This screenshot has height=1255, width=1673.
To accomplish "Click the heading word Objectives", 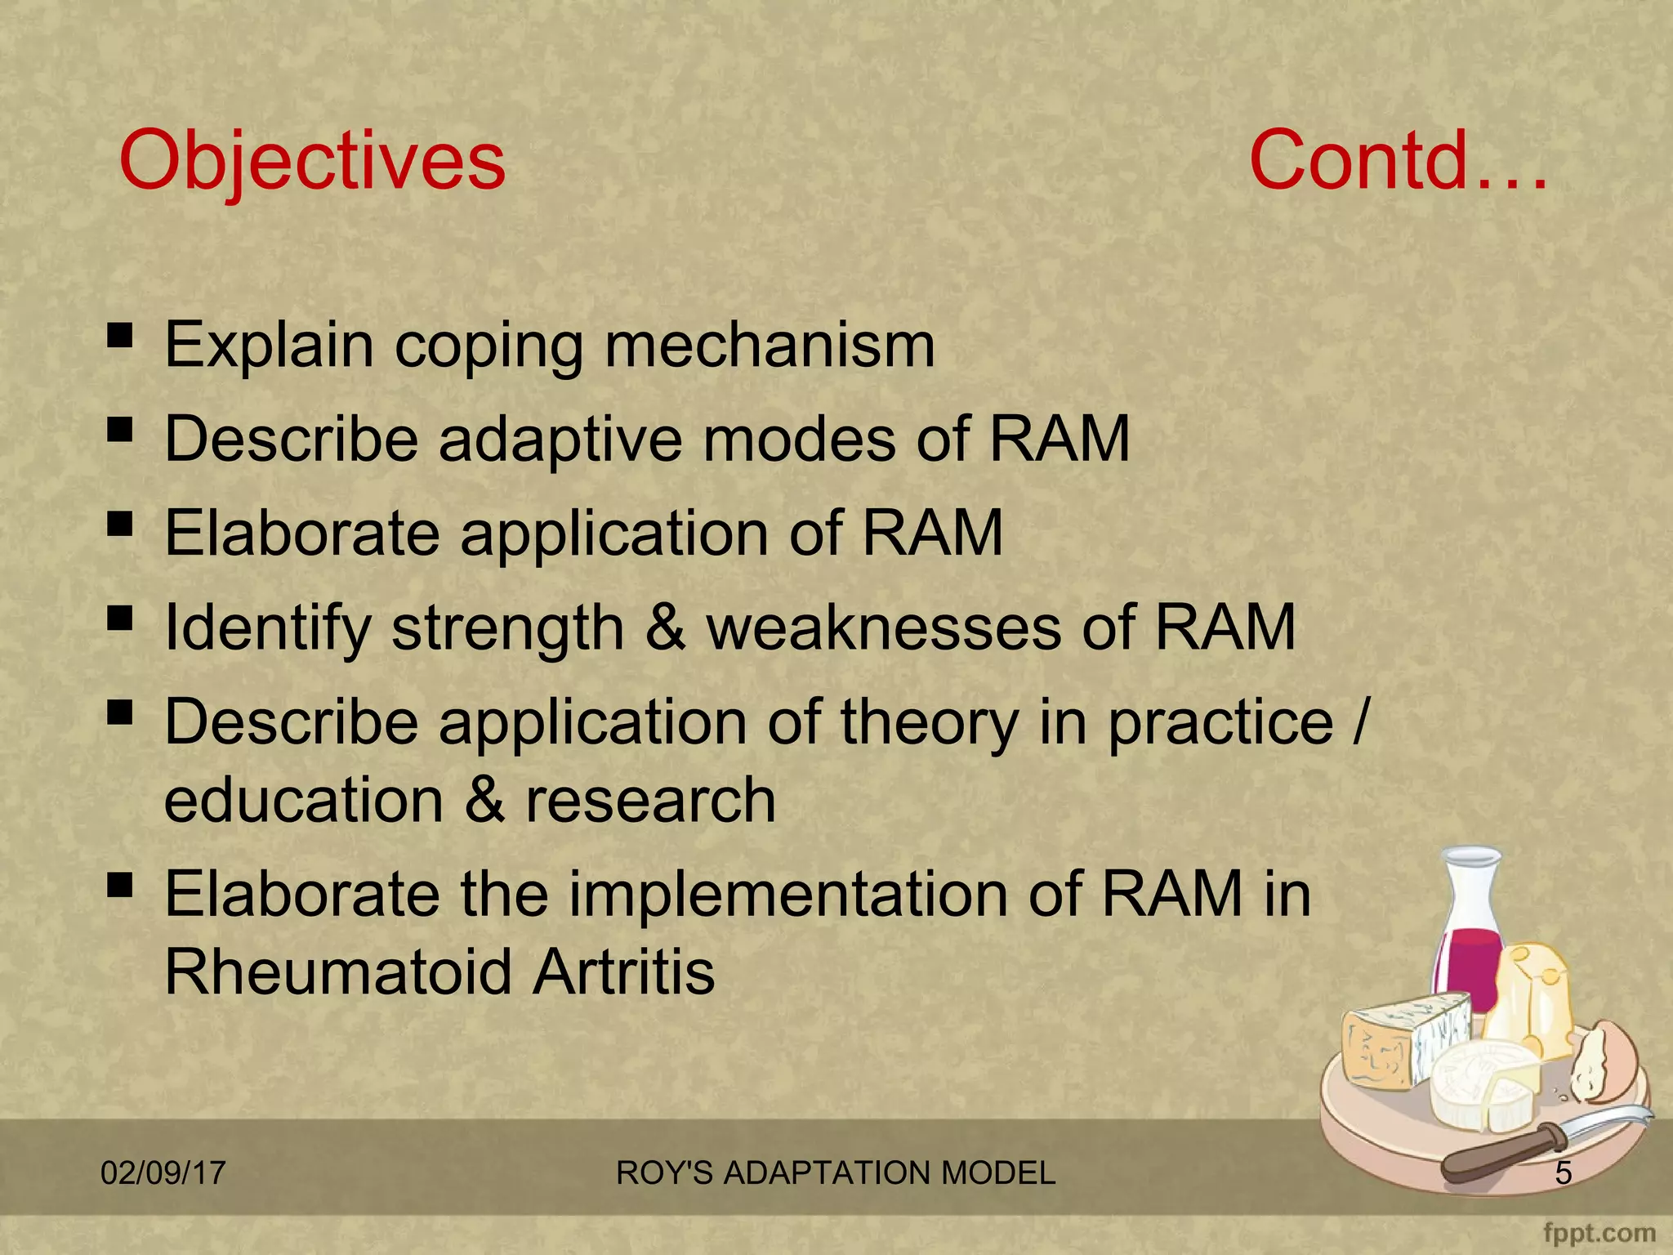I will pos(312,161).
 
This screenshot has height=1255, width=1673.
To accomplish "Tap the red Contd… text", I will pos(1397,161).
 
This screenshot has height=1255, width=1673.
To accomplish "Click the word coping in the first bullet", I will pos(489,346).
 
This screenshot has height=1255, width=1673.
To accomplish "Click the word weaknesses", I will pos(883,627).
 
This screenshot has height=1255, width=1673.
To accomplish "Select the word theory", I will pos(929,723).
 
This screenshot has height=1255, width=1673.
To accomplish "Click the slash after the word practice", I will pos(1358,721).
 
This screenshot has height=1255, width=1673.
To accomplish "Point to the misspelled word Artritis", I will pos(623,971).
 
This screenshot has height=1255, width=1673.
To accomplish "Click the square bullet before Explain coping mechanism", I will pos(119,335).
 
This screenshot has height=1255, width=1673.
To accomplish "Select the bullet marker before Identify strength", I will pos(119,619).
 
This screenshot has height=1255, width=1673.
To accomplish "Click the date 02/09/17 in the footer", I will pos(163,1173).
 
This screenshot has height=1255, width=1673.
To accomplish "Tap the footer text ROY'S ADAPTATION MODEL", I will pos(836,1173).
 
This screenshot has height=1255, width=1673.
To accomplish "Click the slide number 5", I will pos(1563,1173).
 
